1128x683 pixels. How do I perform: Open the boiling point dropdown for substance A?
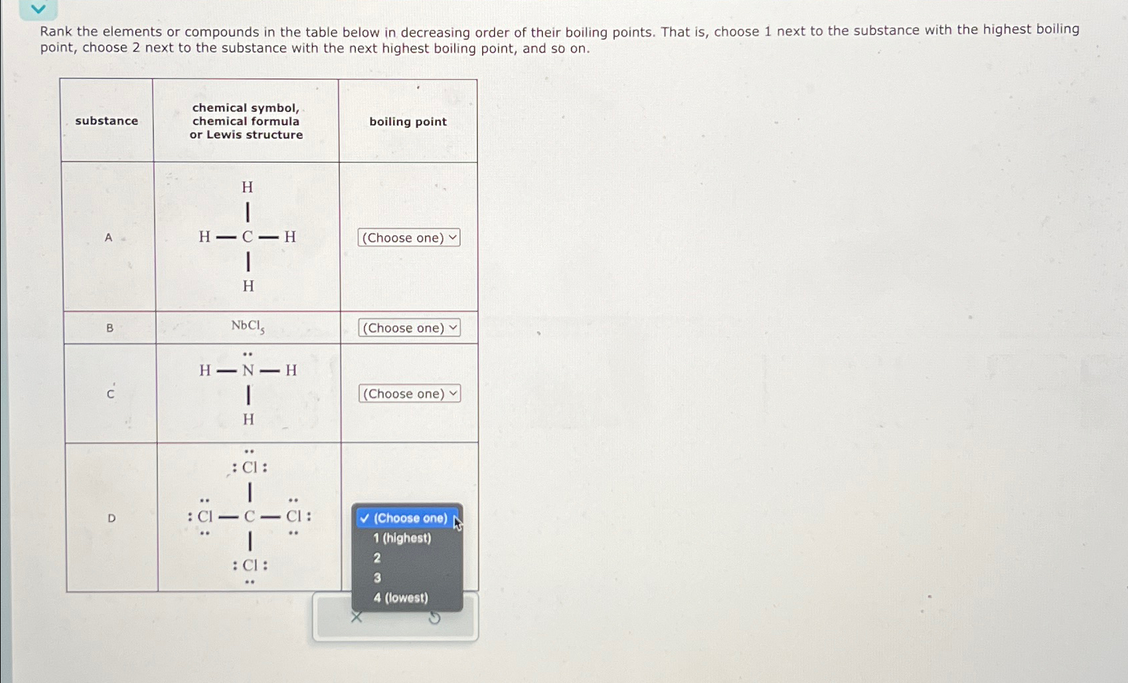click(408, 238)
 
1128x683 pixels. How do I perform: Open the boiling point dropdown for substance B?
click(409, 328)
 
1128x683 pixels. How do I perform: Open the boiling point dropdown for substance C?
click(410, 394)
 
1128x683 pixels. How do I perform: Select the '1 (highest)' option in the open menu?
click(402, 538)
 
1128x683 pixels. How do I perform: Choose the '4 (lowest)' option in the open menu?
click(400, 598)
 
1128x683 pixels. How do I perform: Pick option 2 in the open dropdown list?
click(377, 558)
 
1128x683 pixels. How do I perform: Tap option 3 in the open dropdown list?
click(377, 578)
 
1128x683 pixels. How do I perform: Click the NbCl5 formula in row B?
click(248, 326)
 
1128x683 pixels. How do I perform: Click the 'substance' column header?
click(107, 121)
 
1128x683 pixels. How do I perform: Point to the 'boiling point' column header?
click(408, 122)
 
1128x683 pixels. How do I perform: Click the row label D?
click(112, 518)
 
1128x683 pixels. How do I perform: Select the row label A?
click(108, 237)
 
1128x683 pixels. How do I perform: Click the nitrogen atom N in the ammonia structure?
click(248, 370)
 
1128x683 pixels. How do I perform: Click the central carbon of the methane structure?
click(248, 237)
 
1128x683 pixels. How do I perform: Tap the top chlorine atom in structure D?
click(250, 467)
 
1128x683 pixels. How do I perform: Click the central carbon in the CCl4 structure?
click(250, 516)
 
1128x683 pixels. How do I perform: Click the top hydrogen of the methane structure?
click(248, 187)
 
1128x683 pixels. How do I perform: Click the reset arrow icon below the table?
click(434, 619)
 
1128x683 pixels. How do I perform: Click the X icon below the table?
click(357, 617)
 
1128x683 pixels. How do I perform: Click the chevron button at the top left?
click(39, 9)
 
